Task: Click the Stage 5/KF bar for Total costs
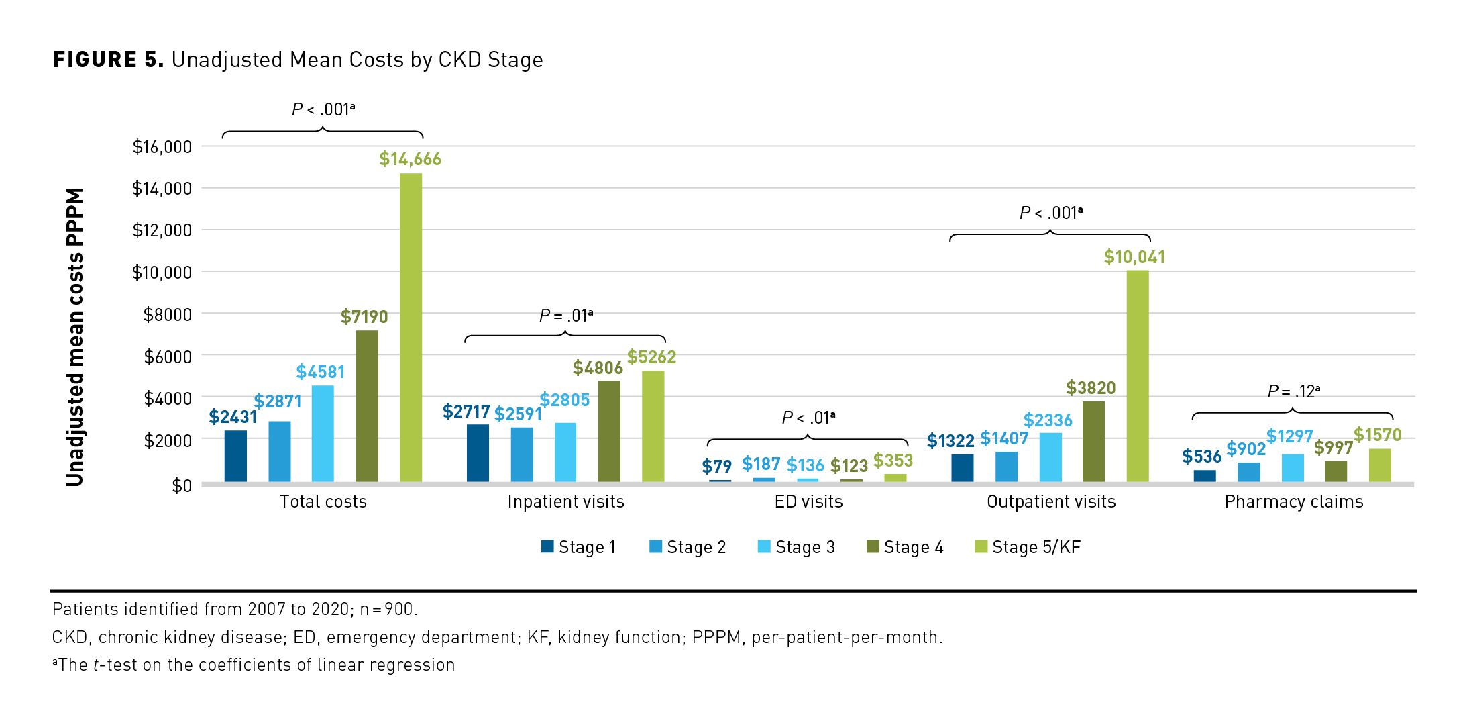pos(411,328)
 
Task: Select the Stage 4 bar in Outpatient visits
pos(1093,441)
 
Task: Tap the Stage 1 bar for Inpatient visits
pos(478,452)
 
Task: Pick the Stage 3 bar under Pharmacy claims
pos(1293,468)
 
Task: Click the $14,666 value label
pos(410,159)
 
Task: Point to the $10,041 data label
pos(1134,257)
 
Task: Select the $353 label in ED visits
pos(893,461)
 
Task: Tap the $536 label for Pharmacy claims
pos(1201,456)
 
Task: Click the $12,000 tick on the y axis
pos(162,230)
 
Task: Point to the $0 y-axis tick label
pos(181,485)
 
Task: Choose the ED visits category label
pos(808,501)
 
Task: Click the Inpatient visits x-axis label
pos(565,501)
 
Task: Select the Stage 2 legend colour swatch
pos(655,546)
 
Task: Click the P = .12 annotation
pos(1293,391)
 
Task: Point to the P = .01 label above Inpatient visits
pos(565,315)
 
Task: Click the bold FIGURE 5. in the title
pos(108,60)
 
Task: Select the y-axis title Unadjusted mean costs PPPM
pos(74,337)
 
